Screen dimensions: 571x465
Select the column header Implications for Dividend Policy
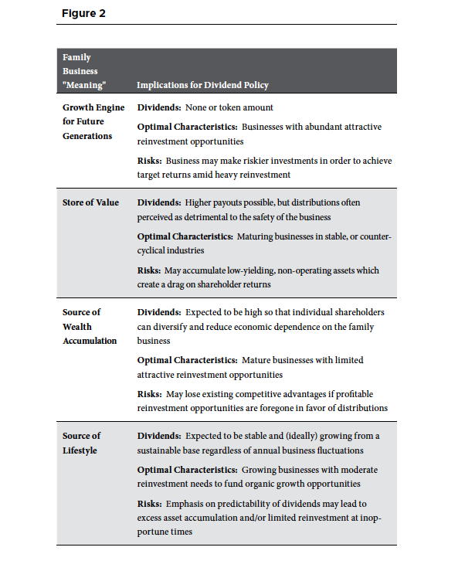click(202, 85)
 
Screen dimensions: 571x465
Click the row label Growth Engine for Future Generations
click(93, 121)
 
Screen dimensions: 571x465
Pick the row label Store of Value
click(90, 202)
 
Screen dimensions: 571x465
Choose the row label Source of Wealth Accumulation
click(90, 326)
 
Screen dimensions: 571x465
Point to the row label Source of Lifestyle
click(81, 443)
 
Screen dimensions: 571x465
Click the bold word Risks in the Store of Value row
click(148, 270)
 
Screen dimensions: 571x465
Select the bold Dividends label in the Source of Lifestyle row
click(159, 436)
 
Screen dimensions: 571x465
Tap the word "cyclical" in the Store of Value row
click(154, 251)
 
